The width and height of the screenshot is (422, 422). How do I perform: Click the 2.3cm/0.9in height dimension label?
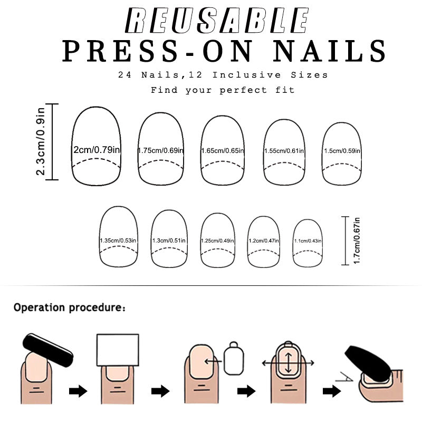tap(41, 142)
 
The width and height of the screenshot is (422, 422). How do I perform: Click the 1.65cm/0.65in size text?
tap(222, 151)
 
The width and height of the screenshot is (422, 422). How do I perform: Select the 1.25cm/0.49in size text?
tap(218, 241)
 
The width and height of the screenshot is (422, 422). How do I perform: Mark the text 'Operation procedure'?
tap(69, 307)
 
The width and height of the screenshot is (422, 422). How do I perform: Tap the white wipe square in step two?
tap(118, 350)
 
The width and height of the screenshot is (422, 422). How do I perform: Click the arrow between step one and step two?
tap(78, 391)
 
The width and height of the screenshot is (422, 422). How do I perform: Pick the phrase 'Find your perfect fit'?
tap(223, 90)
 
